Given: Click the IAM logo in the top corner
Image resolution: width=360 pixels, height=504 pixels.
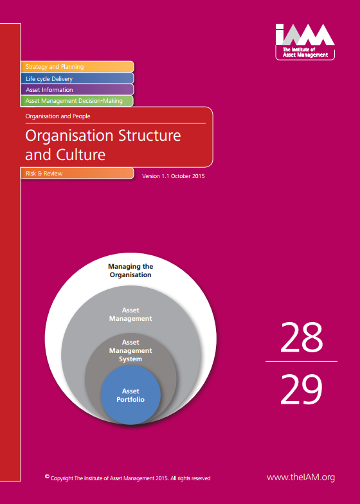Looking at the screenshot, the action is click(305, 42).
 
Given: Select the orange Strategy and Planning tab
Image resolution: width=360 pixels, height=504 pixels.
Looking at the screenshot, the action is click(77, 67).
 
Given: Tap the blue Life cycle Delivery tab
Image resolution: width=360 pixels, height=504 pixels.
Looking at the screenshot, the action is click(77, 78).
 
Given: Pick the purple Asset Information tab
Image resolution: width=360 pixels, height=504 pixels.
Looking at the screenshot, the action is click(77, 90).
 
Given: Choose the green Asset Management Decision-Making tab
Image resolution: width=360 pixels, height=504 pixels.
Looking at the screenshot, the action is click(77, 100).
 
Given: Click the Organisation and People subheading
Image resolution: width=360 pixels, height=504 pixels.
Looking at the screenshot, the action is click(58, 116).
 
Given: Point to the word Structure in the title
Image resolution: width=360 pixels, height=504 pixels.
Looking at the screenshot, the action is click(149, 135).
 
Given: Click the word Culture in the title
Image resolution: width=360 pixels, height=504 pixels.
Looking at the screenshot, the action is click(81, 154).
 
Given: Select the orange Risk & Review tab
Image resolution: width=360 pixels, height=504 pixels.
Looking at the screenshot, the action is click(77, 173).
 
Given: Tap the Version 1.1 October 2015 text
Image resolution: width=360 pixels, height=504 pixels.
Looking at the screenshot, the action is click(174, 176).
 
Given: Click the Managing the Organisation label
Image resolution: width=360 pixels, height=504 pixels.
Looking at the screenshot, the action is click(130, 271).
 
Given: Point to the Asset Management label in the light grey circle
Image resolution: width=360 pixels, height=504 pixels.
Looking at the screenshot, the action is click(130, 314).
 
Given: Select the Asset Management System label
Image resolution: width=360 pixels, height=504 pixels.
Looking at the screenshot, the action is click(130, 350).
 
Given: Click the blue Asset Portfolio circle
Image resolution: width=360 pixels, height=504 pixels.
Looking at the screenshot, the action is click(130, 395).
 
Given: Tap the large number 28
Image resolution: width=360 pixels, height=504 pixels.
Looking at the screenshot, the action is click(301, 337).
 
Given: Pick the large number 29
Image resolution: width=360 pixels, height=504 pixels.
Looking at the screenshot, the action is click(301, 390).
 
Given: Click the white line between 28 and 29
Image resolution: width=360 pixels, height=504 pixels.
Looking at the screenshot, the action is click(301, 361).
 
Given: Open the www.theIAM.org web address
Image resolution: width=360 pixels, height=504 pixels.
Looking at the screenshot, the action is click(301, 477).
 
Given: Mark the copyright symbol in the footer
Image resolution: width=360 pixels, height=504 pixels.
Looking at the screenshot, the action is click(47, 476).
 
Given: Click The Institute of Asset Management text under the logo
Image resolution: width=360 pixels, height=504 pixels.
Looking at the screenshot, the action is click(305, 52).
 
